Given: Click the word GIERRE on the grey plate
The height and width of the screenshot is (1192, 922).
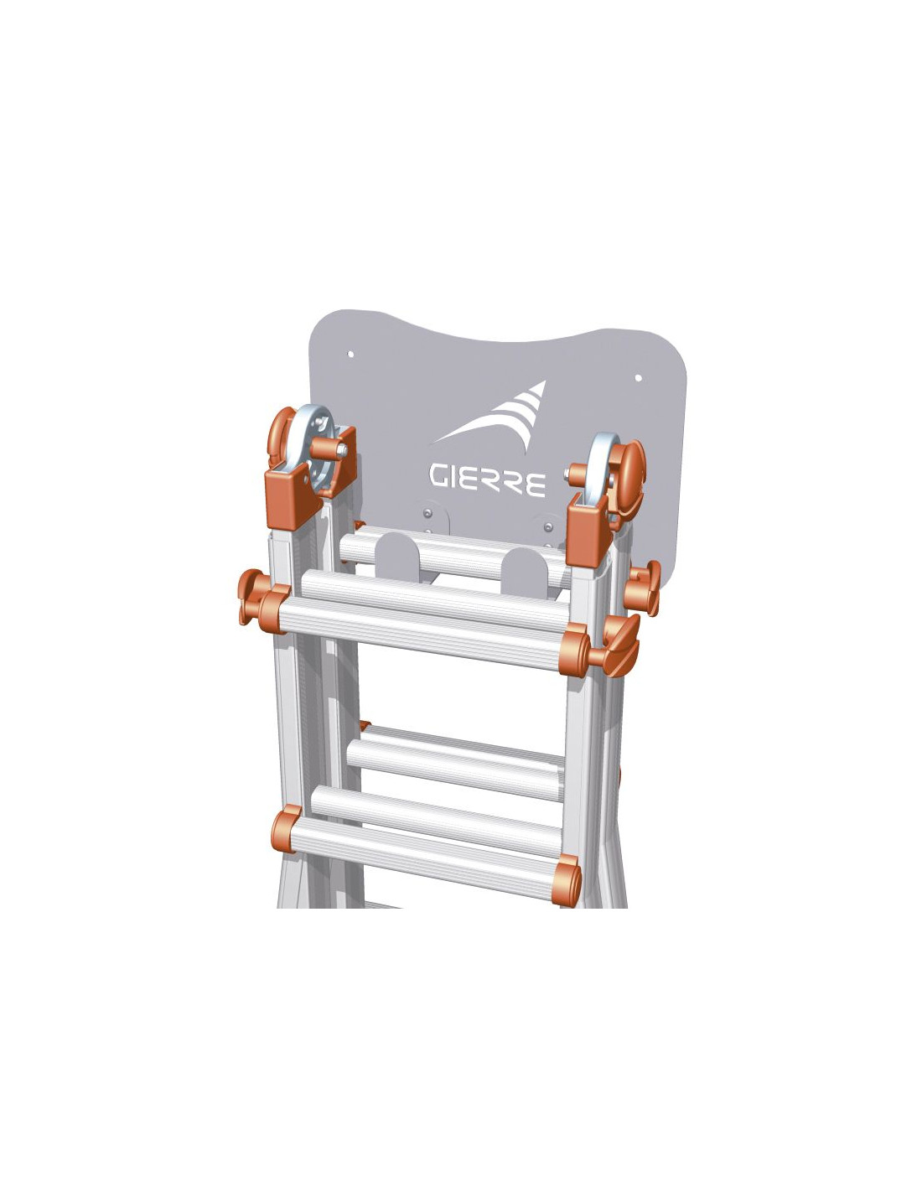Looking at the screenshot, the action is click(x=487, y=480).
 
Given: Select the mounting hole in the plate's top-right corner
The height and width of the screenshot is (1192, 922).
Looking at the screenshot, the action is click(x=638, y=378).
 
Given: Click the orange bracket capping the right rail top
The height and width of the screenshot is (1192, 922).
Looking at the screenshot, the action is click(x=587, y=529).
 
